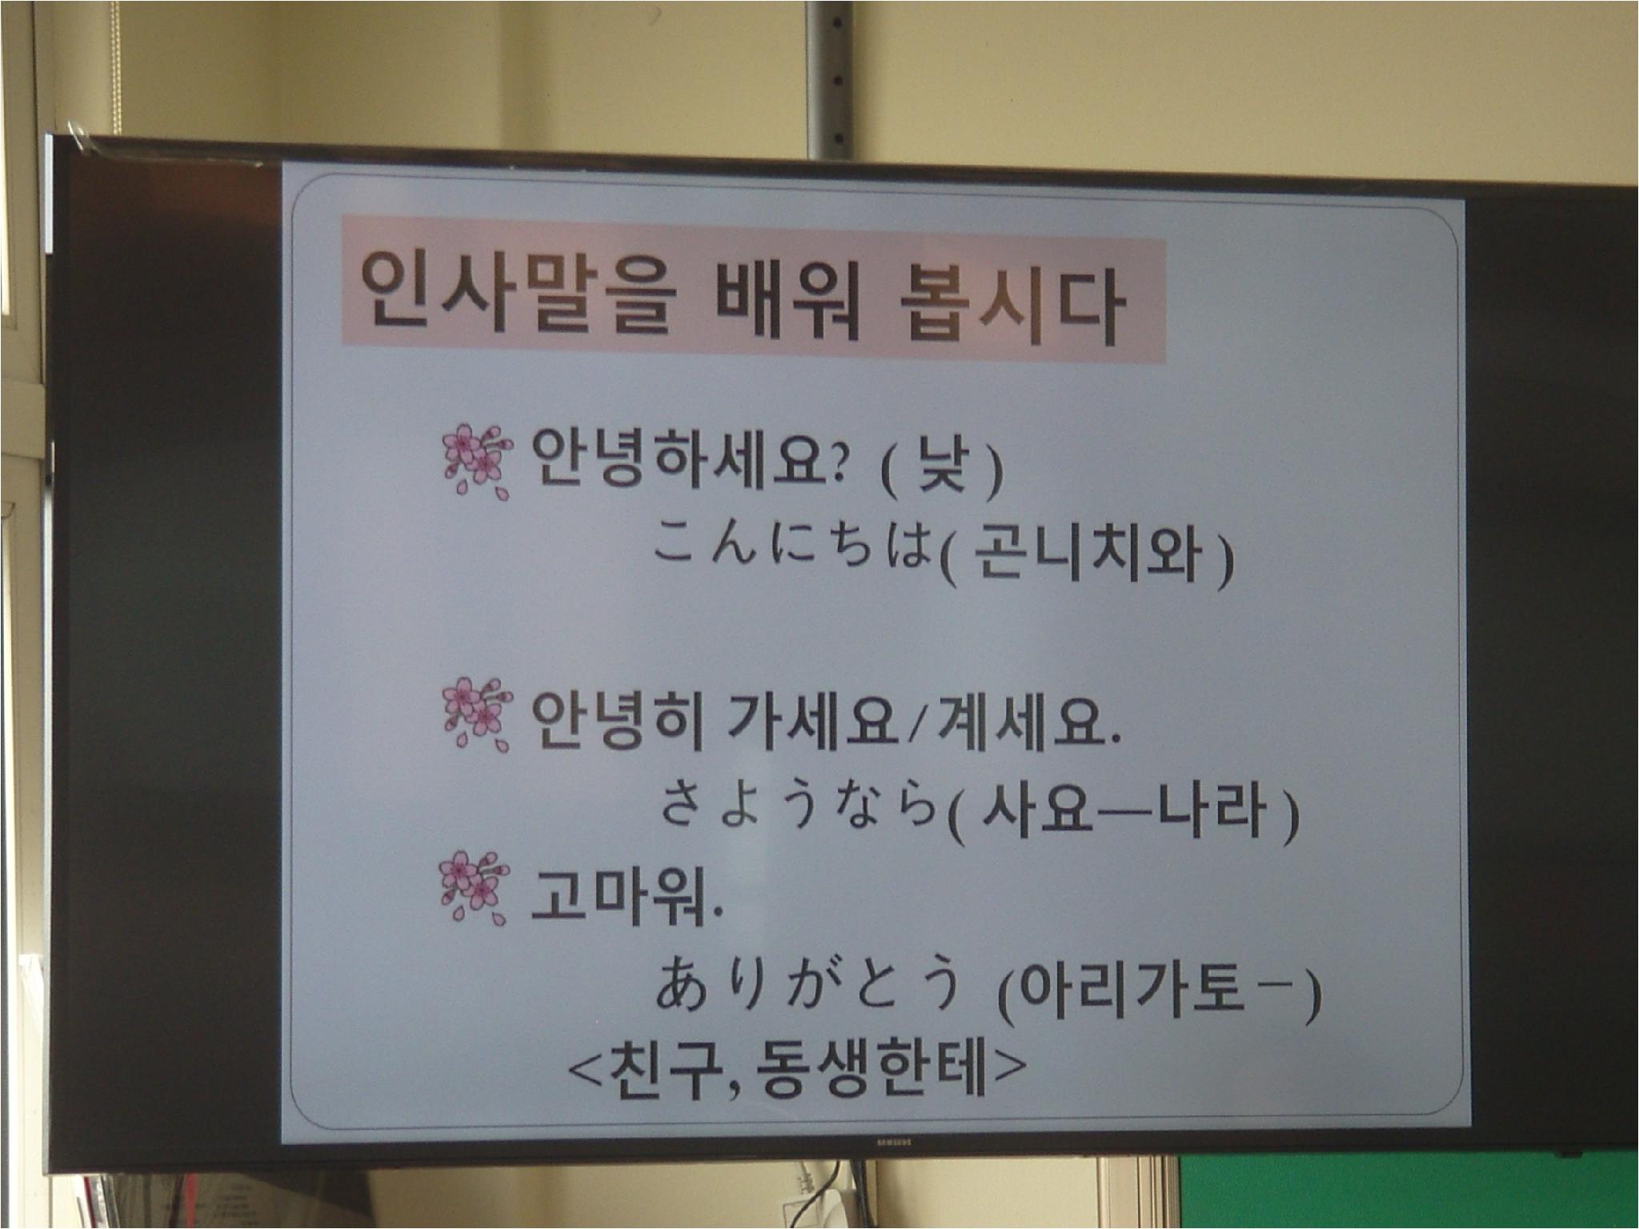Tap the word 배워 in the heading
coord(788,300)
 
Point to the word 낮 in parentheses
coord(944,468)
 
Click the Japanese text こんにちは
coord(792,544)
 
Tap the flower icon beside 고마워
coord(475,887)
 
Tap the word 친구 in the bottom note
coord(666,1069)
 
